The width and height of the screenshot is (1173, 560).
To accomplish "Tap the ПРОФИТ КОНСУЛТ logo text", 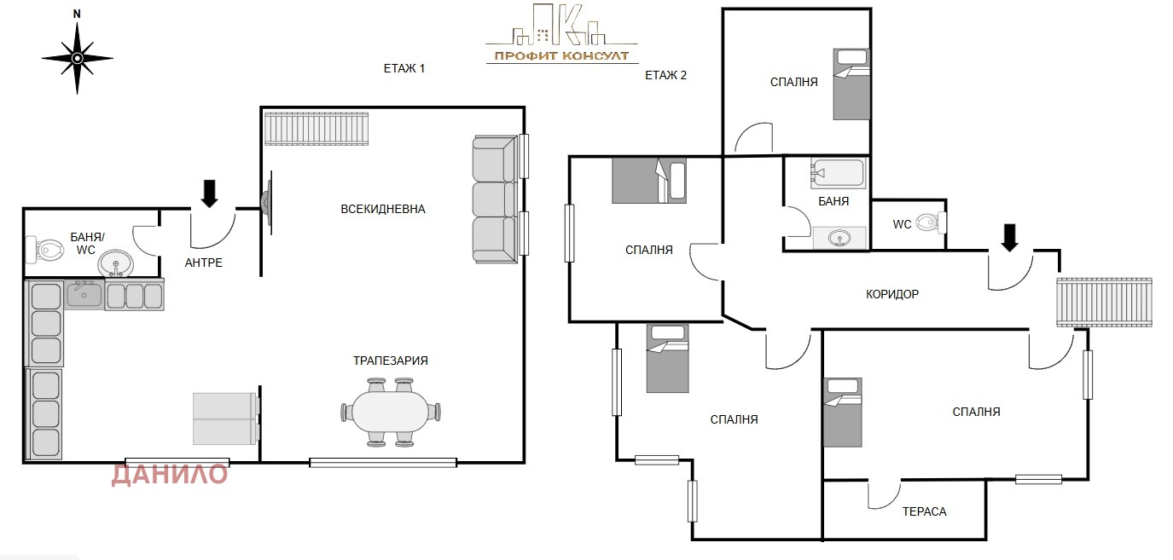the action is pos(561,55).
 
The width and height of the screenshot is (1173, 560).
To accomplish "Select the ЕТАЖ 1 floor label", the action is pos(404,68).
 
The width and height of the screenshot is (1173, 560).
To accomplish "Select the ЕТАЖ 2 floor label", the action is pos(665,75).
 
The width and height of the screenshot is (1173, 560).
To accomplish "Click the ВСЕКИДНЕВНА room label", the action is pos(383,210).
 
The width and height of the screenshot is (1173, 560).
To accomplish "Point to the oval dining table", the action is pos(391,412).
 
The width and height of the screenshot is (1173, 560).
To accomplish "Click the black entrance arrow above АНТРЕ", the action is pos(210,193).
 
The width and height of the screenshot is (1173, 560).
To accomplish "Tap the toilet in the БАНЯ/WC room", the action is pos(45,250).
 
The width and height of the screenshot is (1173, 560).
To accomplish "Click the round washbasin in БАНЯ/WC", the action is pos(116,263).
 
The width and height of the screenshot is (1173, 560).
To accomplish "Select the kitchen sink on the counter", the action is pos(84,294).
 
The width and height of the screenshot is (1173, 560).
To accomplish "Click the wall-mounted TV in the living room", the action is pos(267,201).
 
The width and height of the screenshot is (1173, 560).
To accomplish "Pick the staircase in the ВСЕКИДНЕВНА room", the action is pos(316,128).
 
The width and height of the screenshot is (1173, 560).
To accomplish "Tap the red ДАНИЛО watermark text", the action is pos(170,474).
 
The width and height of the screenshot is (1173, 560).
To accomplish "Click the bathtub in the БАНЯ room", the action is pos(839,173).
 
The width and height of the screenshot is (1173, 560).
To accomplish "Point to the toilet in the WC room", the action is pos(931,222).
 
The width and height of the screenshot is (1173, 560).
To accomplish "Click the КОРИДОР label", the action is pos(892,295).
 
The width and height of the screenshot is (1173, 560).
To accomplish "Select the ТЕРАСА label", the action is pos(924,512).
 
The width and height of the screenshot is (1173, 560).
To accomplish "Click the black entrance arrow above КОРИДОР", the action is pos(1009,238).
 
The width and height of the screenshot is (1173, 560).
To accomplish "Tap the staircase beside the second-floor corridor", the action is pos(1104,303).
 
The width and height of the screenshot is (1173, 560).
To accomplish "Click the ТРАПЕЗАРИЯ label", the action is pos(390,361).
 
